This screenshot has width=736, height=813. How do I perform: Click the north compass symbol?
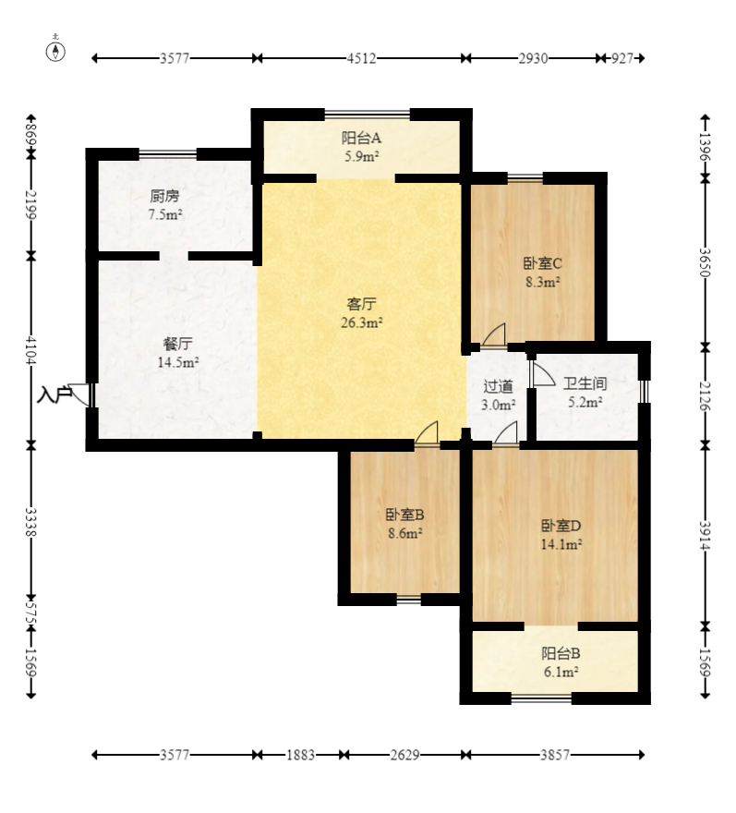pos(55,51)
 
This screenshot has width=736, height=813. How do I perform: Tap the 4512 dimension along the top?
pos(361,58)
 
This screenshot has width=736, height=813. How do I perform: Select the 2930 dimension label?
pos(533,58)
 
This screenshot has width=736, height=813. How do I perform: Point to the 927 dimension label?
pos(622,58)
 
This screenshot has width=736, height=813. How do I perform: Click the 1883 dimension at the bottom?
pos(301,755)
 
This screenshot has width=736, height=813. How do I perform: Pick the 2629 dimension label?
pos(404,755)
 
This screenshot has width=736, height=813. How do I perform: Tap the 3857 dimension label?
pos(555,755)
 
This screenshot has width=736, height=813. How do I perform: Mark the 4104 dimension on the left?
pos(31,350)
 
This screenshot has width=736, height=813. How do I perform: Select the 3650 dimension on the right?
pos(705,262)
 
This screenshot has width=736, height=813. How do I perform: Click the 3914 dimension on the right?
pos(705,536)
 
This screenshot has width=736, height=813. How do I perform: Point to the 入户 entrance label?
pos(54,395)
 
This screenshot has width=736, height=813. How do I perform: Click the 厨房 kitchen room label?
pos(164,196)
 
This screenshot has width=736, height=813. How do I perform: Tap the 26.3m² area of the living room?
pos(362,322)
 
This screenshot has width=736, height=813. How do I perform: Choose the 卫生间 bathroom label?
pos(585,383)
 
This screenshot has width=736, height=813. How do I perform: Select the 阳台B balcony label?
pos(561,653)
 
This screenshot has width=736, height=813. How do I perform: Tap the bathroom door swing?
pos(543,373)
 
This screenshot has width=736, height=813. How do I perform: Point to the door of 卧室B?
pos(427,433)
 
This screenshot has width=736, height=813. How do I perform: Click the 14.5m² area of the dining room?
pos(178,362)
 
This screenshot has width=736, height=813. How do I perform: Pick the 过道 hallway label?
pos(498,386)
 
